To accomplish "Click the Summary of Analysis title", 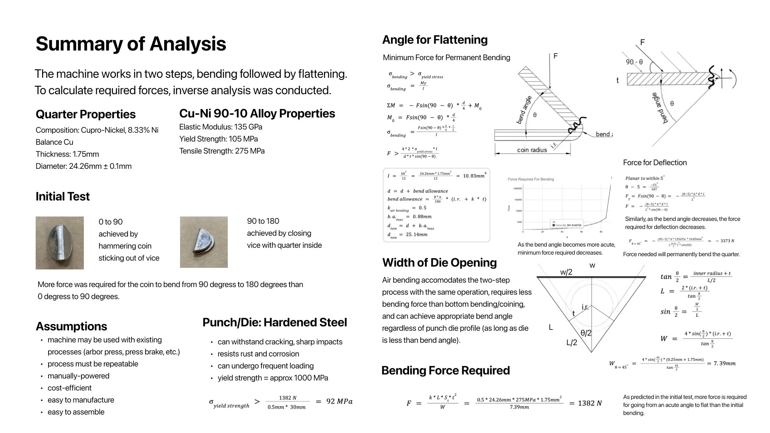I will [131, 44].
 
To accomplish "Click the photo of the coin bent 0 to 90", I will [60, 243].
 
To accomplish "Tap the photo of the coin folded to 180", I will [204, 242].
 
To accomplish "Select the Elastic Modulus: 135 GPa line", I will [221, 127].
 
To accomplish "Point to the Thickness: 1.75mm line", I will [67, 154].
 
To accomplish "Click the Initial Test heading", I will [63, 196].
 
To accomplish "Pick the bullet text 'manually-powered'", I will [79, 376].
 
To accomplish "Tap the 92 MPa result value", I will [339, 401].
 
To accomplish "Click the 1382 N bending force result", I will [590, 403].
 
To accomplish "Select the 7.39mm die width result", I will [725, 364].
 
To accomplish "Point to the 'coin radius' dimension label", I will [532, 150].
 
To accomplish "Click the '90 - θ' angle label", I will [634, 62].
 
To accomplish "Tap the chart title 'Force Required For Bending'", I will [531, 179].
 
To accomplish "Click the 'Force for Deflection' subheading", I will [654, 163].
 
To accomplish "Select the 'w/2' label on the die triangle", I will [566, 272].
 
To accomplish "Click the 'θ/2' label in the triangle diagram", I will [586, 333].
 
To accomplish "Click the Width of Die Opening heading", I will [439, 263].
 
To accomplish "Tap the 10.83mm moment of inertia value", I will [474, 176].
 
